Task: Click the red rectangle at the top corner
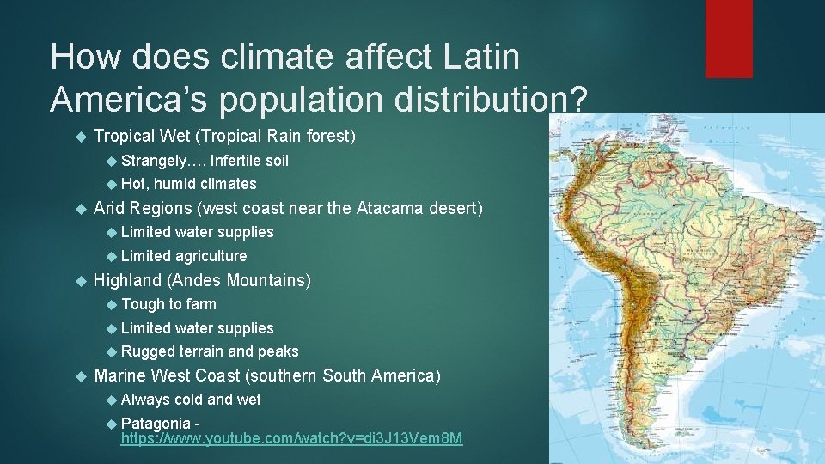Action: pos(729,39)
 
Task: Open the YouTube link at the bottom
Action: pos(291,439)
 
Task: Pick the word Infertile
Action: pos(236,161)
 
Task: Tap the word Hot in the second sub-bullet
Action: pos(134,184)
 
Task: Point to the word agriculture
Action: pos(211,256)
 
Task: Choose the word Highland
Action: pos(127,280)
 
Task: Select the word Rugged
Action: pos(148,351)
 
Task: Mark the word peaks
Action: pos(278,351)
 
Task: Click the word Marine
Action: pos(119,375)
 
